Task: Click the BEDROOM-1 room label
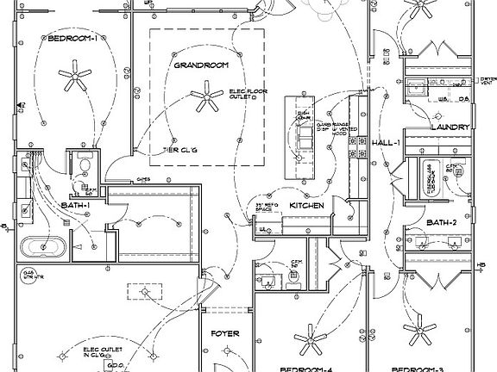click(72, 38)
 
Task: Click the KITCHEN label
click(305, 207)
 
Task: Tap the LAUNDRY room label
click(450, 127)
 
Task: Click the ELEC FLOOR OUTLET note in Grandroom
click(248, 94)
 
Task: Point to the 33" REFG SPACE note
click(263, 208)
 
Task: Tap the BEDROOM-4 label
click(306, 368)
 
